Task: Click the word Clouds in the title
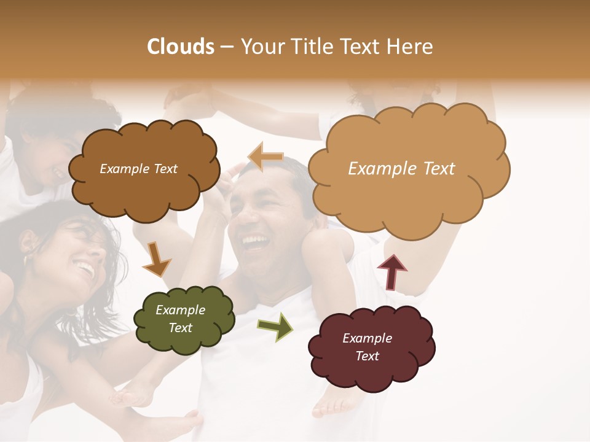click(181, 47)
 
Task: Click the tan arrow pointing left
click(265, 157)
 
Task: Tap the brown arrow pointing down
click(156, 259)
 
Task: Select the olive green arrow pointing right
click(275, 326)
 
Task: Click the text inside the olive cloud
click(181, 319)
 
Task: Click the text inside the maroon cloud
click(367, 347)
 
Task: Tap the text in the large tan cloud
click(401, 169)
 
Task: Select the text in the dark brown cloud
click(138, 169)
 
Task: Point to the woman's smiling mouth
click(84, 269)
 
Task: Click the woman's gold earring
click(25, 260)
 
